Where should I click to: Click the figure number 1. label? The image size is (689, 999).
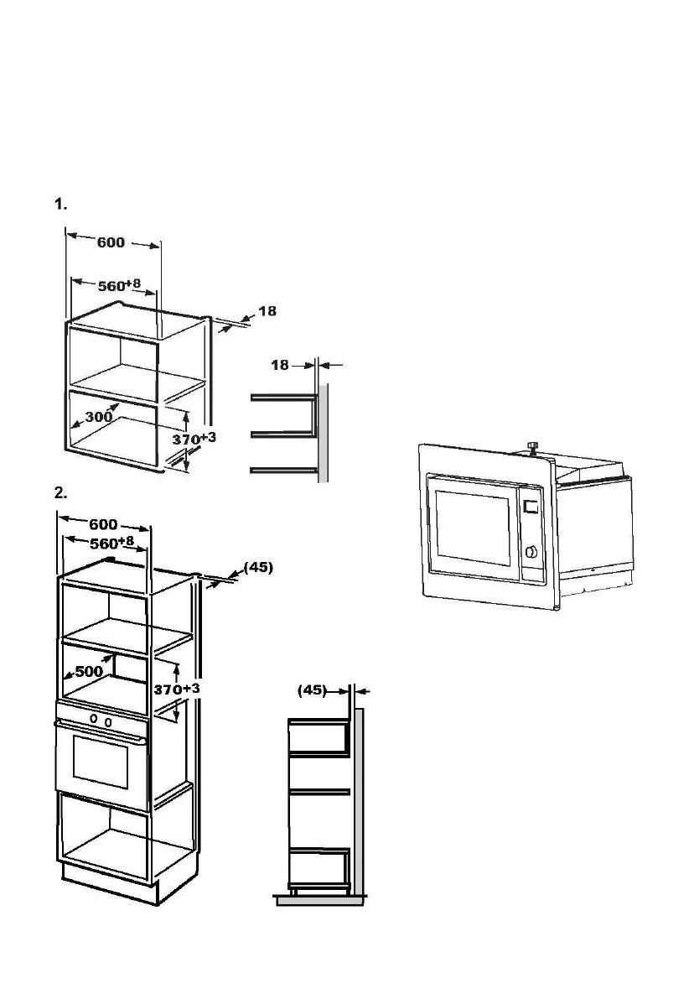click(60, 204)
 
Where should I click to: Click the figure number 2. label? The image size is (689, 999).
click(60, 492)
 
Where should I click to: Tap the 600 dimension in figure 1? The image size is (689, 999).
click(111, 243)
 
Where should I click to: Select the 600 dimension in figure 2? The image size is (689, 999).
click(102, 525)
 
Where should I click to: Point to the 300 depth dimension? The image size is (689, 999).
click(99, 417)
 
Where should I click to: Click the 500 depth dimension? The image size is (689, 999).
click(89, 671)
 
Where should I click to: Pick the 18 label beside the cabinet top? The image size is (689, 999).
click(267, 311)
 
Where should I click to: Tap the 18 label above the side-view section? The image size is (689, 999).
click(280, 365)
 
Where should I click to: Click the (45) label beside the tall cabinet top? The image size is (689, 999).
click(258, 567)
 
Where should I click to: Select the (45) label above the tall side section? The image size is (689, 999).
click(312, 690)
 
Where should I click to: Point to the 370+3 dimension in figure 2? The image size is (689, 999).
click(177, 689)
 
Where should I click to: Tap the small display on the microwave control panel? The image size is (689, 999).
click(530, 507)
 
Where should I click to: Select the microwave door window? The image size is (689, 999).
click(470, 529)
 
